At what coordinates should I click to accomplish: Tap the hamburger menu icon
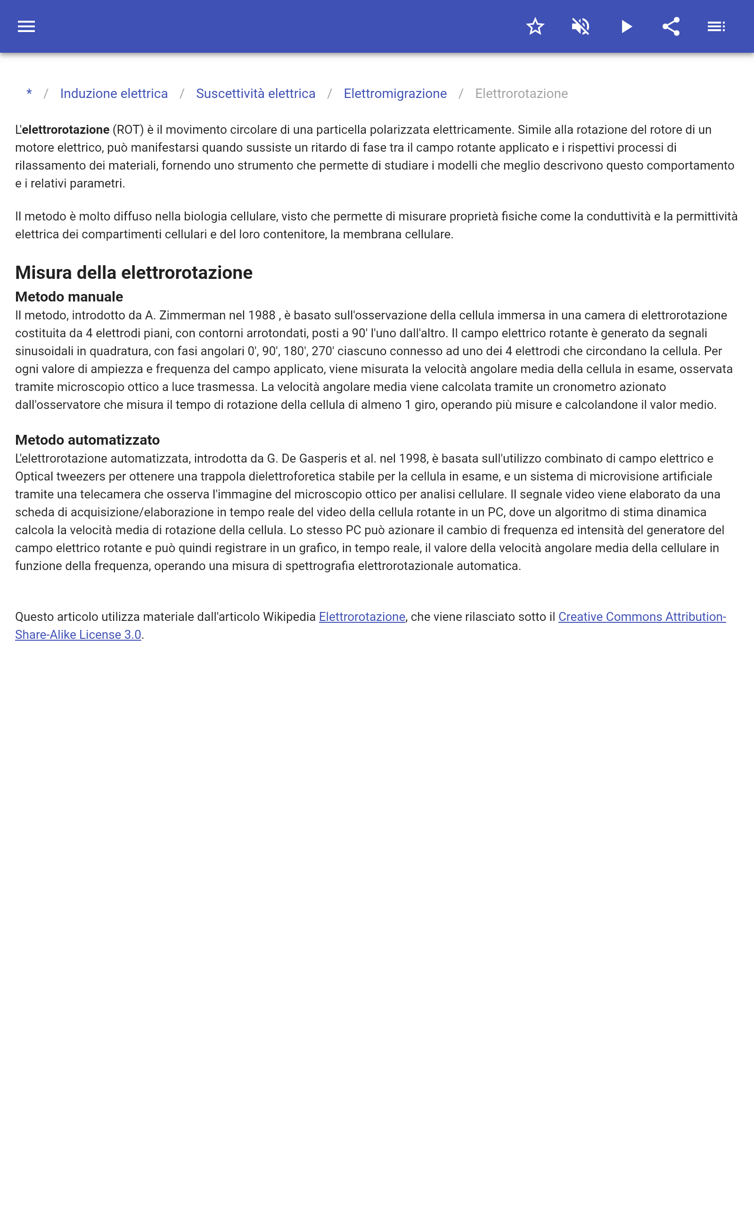coord(26,26)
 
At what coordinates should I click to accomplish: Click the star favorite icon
coord(535,26)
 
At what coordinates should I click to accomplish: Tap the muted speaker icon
coord(581,26)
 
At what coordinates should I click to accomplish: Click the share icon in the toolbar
coord(671,26)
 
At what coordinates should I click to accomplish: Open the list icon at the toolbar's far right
coord(716,26)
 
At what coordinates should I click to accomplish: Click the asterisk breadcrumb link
coord(29,93)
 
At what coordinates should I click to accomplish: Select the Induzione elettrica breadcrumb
coord(114,94)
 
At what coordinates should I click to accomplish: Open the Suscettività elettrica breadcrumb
coord(255,94)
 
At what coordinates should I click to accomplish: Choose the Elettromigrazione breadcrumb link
coord(395,94)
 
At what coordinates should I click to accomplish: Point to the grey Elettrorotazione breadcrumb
coord(521,94)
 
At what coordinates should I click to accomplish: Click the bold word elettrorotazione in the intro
coord(66,130)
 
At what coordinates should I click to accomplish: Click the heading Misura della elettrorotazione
coord(134,273)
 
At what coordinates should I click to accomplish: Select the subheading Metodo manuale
coord(69,296)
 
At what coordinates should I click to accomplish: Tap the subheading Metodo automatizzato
coord(87,440)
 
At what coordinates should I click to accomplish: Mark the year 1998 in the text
coord(413,458)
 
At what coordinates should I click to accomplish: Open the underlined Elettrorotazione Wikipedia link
coord(361,617)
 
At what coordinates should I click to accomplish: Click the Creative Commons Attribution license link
coord(641,617)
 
